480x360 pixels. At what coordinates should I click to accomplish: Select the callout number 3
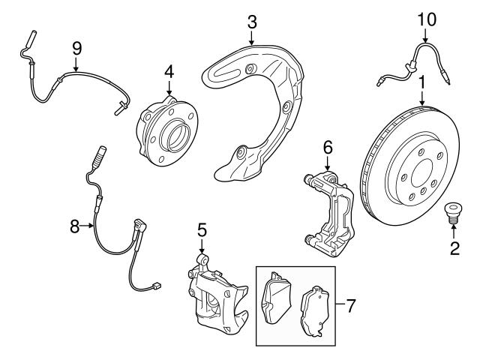click(252, 21)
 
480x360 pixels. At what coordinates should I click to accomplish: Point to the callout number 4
click(169, 73)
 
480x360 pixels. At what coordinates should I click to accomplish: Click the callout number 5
click(201, 228)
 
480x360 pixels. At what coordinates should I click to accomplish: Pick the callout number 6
click(327, 148)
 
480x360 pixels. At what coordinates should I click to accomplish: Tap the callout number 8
click(74, 223)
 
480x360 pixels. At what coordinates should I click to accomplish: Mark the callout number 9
click(76, 48)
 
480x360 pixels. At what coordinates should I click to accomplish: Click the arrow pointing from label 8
click(88, 223)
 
